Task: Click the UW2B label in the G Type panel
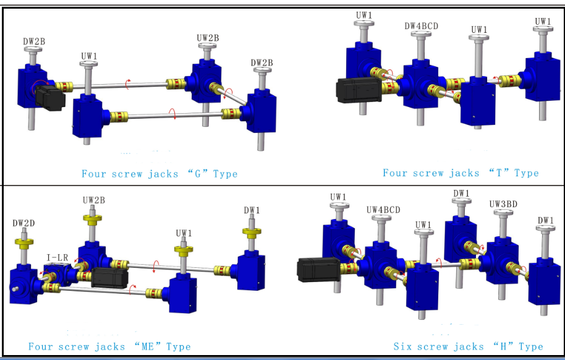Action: (208, 38)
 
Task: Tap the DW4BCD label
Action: (421, 26)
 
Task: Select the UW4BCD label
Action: (383, 210)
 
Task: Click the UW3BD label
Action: (504, 204)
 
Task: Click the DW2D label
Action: (25, 223)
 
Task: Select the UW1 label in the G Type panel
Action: (89, 56)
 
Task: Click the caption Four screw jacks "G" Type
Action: (159, 174)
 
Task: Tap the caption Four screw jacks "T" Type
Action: (461, 173)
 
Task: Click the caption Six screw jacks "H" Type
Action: (468, 346)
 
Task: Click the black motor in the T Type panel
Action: (358, 89)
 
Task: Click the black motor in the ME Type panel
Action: (109, 277)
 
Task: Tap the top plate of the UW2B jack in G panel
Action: (206, 47)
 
